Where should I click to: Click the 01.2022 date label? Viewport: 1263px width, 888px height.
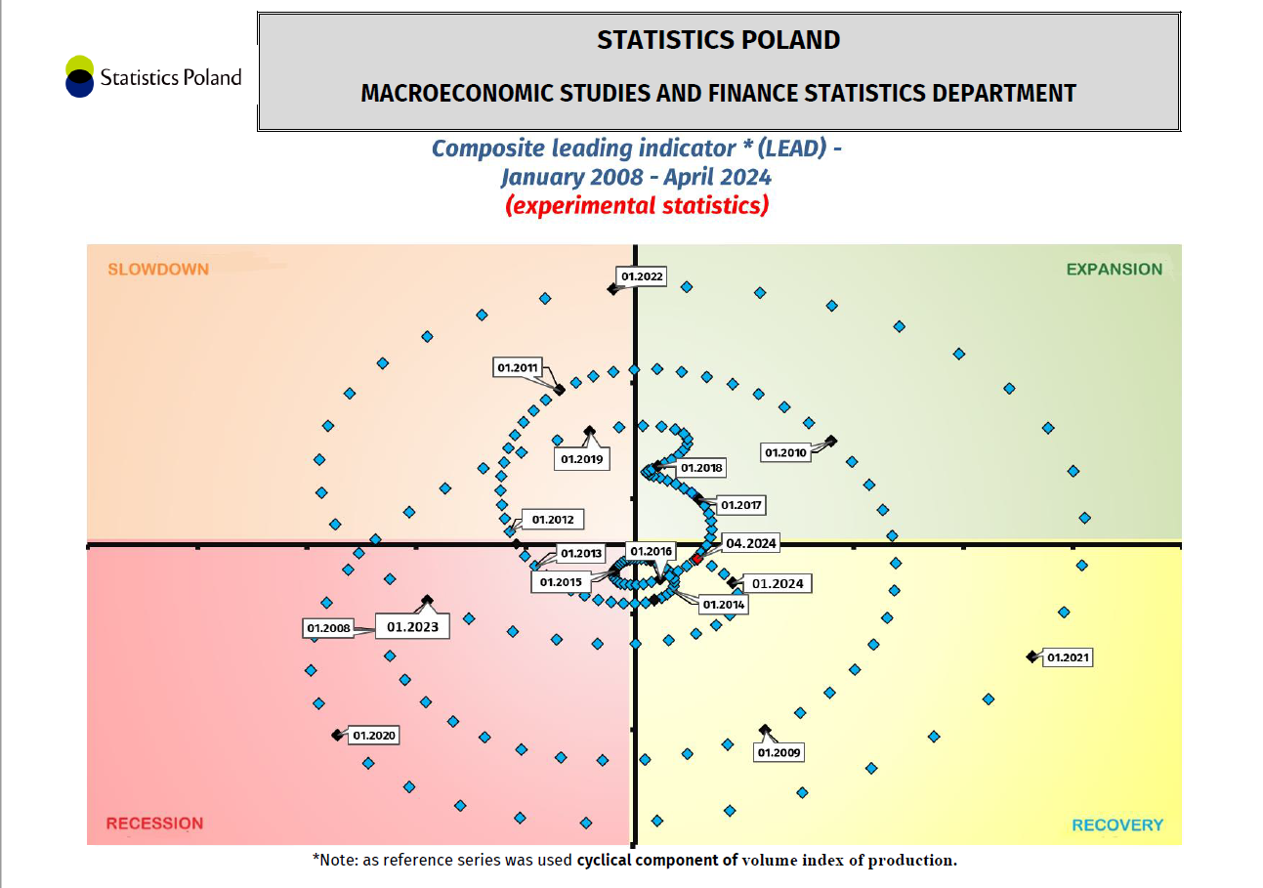click(x=642, y=276)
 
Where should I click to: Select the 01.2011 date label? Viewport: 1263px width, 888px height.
click(x=518, y=367)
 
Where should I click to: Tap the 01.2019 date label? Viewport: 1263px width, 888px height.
click(x=581, y=458)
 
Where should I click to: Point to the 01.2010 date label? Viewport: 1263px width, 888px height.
click(x=785, y=453)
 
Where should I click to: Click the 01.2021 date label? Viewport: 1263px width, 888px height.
click(x=1067, y=657)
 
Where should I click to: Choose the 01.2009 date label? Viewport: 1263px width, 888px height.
click(x=779, y=752)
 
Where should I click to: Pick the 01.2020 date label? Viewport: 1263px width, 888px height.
click(x=373, y=735)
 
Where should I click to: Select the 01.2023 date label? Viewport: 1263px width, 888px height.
click(x=412, y=626)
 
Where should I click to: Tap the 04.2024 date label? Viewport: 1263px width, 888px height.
click(x=751, y=543)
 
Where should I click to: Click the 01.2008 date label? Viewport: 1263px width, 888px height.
click(x=328, y=627)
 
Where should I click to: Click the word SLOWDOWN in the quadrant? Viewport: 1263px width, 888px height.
click(x=158, y=269)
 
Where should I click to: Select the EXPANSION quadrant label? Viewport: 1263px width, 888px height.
click(x=1114, y=269)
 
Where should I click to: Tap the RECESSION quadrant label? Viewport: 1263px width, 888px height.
click(x=154, y=823)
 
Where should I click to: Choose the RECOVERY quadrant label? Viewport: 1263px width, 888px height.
click(x=1116, y=825)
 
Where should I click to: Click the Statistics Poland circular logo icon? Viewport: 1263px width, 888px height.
click(x=79, y=76)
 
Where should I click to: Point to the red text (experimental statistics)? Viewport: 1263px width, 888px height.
click(x=637, y=206)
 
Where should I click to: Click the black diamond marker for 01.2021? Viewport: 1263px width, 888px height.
click(x=1031, y=656)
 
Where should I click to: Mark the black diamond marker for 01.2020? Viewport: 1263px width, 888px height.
click(x=337, y=734)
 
